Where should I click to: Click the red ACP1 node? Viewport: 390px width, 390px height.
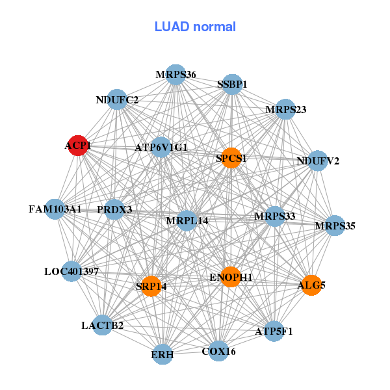[x=78, y=146]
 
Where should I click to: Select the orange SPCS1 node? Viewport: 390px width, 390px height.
[x=231, y=158]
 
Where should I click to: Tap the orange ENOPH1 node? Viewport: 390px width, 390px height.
[x=231, y=277]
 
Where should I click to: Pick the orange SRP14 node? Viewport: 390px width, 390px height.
[x=151, y=286]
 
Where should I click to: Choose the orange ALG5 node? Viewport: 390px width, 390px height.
[x=311, y=285]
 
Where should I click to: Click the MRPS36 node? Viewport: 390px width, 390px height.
[x=175, y=75]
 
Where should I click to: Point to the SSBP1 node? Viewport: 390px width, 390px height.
[x=232, y=84]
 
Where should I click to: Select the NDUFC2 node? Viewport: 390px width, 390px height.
[x=116, y=99]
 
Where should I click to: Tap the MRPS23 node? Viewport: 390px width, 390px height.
[x=285, y=109]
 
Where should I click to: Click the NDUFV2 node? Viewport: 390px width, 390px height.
[x=317, y=161]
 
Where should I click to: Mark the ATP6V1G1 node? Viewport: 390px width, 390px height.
[x=161, y=147]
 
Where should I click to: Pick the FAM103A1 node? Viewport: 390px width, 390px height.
[x=55, y=209]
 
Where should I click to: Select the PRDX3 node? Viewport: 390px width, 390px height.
[x=114, y=209]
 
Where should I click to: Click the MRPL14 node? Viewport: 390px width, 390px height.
[x=187, y=220]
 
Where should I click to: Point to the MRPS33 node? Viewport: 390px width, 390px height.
[x=274, y=216]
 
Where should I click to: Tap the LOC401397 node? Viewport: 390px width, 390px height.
[x=71, y=271]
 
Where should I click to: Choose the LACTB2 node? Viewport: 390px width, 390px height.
[x=102, y=325]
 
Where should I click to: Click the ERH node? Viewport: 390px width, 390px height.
[x=162, y=354]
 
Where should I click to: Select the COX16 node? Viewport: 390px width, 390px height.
[x=218, y=351]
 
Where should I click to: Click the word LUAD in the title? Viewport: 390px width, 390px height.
[x=172, y=27]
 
